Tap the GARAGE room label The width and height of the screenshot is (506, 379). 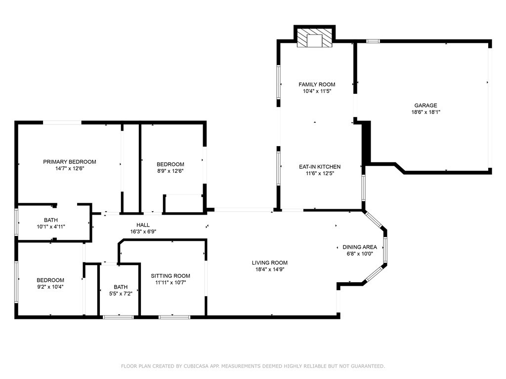point(425,105)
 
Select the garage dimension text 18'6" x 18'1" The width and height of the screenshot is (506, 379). point(425,112)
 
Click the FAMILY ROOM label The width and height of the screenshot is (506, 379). point(317,84)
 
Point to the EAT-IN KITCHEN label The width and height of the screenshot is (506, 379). point(320,167)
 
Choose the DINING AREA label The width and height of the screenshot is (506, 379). point(360,247)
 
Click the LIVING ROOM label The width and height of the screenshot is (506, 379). point(269,263)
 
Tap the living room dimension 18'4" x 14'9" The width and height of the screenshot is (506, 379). point(269,269)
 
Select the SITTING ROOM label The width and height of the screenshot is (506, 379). point(170,276)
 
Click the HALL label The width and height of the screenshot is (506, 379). point(143,225)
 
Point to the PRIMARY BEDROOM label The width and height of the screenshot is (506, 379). point(70,161)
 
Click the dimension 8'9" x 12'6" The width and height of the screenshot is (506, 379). point(170,171)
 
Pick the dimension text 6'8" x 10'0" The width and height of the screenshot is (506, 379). point(360,254)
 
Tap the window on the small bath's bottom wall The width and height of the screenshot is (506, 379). point(118,317)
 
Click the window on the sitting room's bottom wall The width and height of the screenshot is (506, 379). point(174,317)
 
